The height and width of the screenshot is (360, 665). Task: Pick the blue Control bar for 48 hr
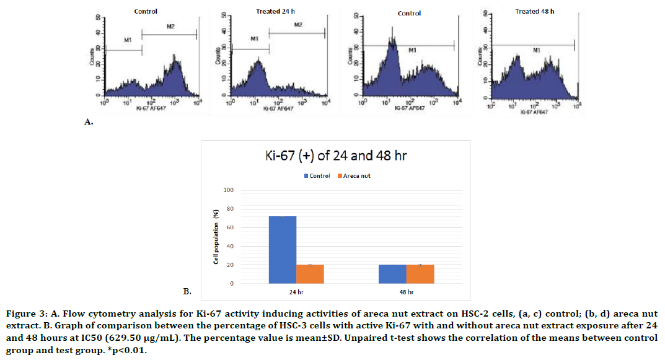(392, 274)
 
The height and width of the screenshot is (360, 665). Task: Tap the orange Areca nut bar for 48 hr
(420, 274)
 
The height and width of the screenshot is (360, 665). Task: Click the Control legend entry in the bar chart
(317, 176)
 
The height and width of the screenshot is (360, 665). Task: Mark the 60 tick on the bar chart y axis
(230, 227)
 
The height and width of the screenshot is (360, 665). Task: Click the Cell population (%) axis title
(216, 238)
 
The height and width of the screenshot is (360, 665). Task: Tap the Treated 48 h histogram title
(534, 11)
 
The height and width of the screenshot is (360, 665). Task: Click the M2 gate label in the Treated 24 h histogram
(298, 24)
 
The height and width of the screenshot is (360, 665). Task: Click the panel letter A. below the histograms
(89, 123)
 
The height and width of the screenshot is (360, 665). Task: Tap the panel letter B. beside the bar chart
(187, 290)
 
